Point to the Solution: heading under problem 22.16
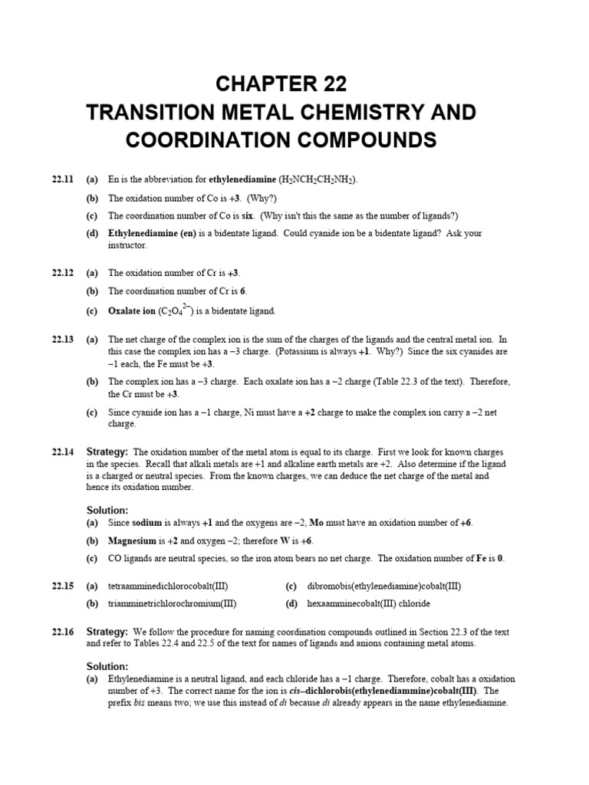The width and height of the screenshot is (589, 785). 107,666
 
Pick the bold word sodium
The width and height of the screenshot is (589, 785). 147,523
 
